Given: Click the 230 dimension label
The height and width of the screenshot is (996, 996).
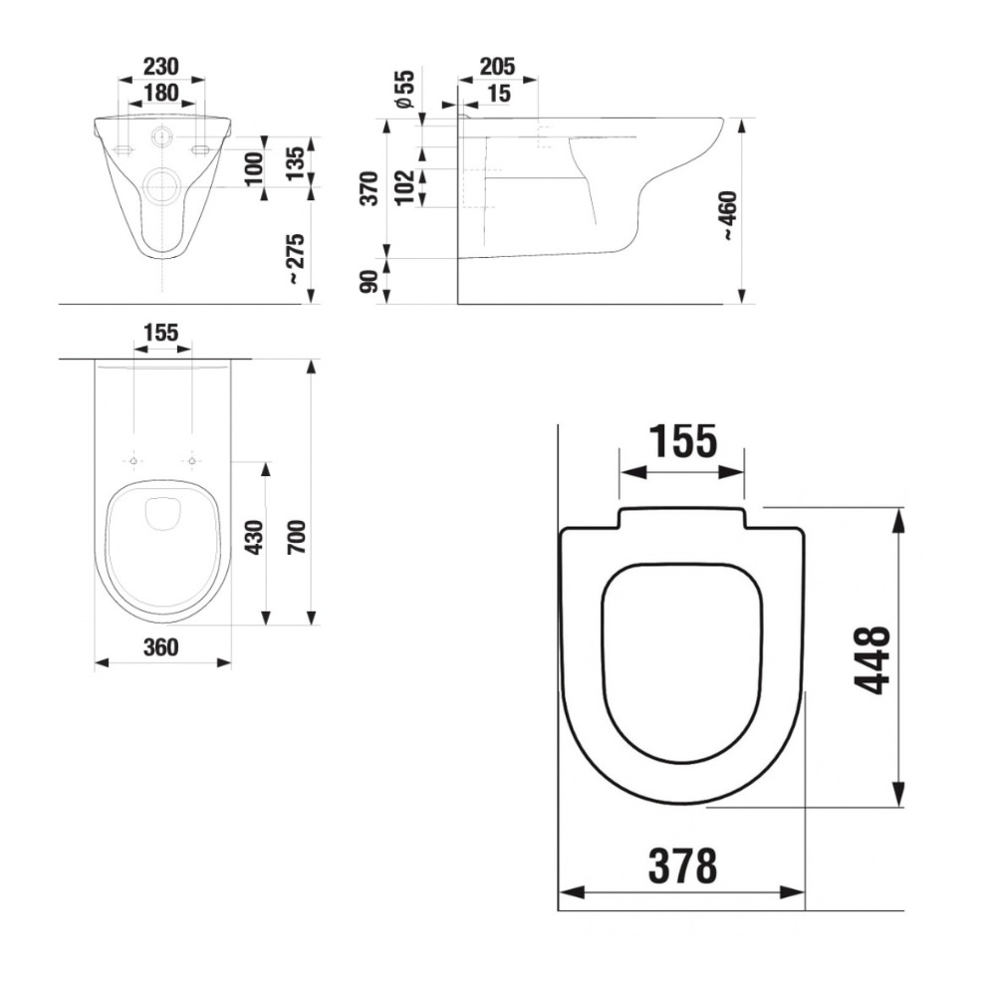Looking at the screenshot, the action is click(161, 66).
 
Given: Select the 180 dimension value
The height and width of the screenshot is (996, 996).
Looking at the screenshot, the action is click(161, 93).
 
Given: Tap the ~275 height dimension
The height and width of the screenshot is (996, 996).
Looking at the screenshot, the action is click(297, 259).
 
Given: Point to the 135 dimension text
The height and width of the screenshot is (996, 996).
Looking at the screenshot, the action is click(296, 163).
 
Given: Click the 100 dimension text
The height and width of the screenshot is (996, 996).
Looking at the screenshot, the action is click(253, 168).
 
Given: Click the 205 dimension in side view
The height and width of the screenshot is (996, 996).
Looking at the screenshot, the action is click(497, 66).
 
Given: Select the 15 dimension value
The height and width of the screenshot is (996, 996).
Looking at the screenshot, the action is click(499, 94).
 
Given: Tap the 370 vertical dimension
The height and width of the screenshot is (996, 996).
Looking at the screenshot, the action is click(370, 188).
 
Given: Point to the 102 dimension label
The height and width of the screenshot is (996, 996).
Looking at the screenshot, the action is click(404, 187).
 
